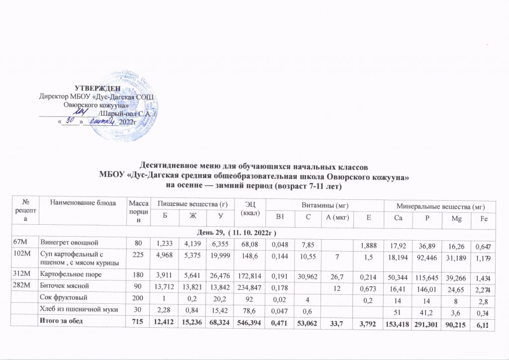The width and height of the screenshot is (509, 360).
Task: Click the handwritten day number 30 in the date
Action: (x=71, y=120)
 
